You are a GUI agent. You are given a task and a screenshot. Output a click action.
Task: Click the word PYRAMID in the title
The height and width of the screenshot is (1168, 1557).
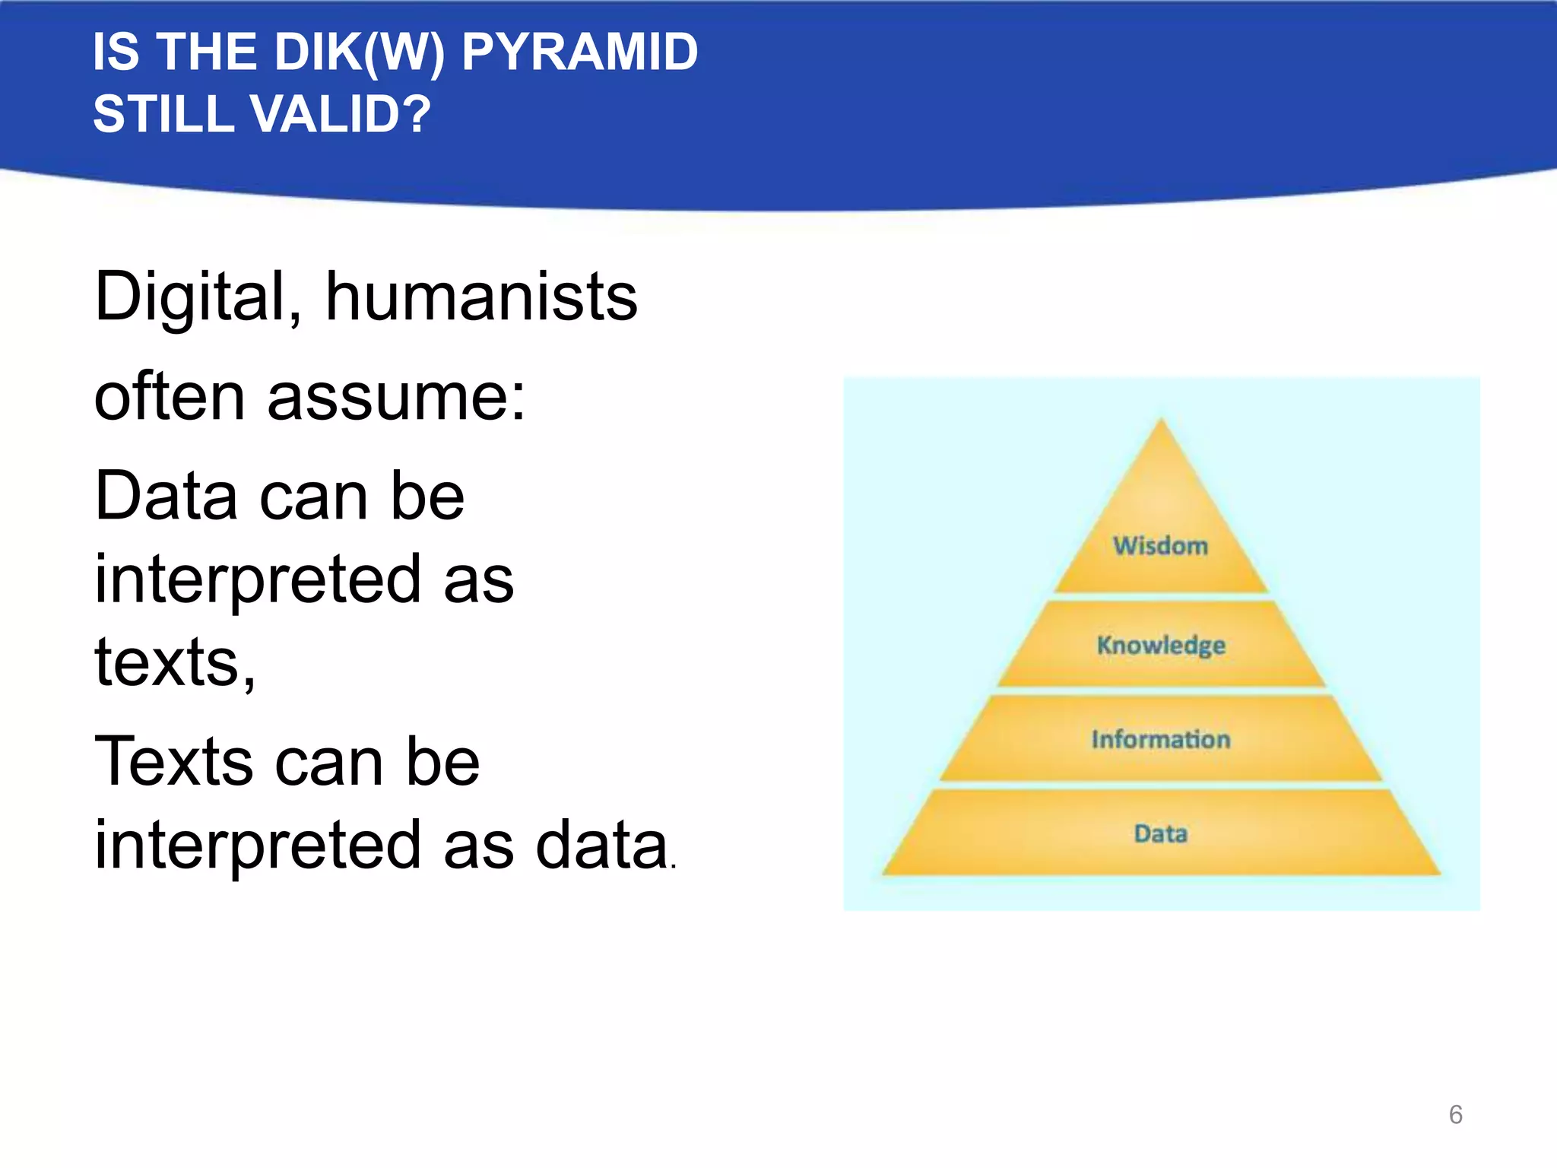[x=579, y=52]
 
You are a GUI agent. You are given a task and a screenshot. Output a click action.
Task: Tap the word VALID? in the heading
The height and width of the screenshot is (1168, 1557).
[x=340, y=115]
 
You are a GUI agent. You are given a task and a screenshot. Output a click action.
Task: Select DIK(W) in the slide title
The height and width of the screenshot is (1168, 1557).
[x=359, y=52]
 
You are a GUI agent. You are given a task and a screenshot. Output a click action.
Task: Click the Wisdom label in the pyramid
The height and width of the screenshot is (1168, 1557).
[x=1160, y=546]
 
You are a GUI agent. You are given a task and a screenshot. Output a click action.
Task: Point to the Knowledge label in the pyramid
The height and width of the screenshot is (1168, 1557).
[x=1160, y=645]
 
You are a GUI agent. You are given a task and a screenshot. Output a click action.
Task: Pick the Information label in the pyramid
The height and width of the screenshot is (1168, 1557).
[x=1160, y=739]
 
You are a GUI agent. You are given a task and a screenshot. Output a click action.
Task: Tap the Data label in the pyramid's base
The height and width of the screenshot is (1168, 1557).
[x=1160, y=834]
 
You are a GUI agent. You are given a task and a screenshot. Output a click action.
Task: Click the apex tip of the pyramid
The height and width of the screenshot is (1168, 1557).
[x=1161, y=421]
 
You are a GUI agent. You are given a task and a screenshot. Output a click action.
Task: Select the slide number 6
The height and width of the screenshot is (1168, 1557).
[x=1455, y=1115]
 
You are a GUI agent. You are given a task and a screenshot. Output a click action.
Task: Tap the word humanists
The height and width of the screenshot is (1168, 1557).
[x=481, y=297]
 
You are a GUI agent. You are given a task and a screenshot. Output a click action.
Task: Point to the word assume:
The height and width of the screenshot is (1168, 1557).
[x=396, y=397]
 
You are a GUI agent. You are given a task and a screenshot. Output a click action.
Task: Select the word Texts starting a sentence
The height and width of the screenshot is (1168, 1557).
[x=174, y=762]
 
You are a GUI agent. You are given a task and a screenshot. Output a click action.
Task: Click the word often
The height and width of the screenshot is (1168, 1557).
[x=170, y=397]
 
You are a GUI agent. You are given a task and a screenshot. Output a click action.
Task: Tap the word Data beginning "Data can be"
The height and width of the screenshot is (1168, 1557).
[x=166, y=496]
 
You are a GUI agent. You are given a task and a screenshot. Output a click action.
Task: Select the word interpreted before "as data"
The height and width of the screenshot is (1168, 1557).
[x=258, y=846]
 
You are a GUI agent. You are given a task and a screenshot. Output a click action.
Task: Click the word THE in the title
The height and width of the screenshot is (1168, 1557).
[x=206, y=52]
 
